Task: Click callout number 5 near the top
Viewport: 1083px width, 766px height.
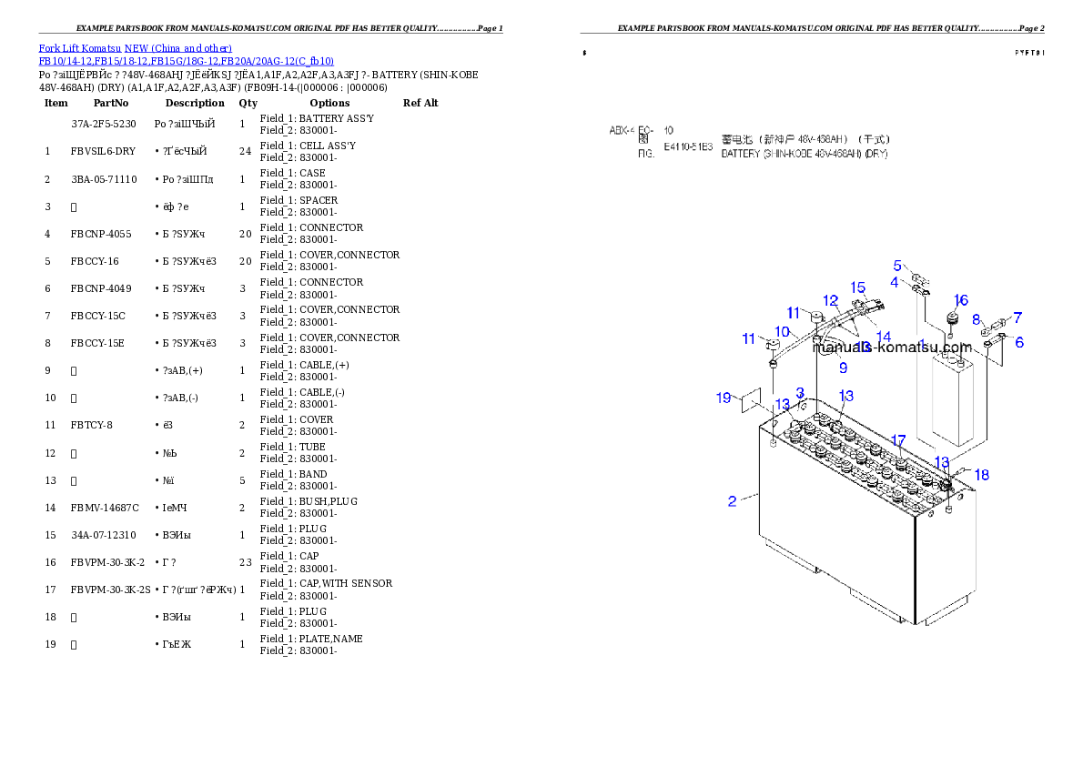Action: coord(897,266)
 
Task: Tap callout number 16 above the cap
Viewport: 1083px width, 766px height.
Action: coord(960,300)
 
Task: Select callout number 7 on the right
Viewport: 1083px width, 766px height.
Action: coord(1017,317)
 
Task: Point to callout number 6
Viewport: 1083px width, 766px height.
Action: coord(1019,342)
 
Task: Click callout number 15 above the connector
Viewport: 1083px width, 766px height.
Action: coord(857,287)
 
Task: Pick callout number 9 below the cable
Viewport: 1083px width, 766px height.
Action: coord(843,368)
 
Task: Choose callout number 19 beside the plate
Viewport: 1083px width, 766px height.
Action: coord(724,398)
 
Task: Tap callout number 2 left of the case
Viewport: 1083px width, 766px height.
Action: coord(732,500)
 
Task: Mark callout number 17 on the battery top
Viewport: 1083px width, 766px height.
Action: coord(898,440)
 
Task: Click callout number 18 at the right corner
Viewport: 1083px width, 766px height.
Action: coord(981,475)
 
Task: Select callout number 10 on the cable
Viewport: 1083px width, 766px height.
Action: coord(783,331)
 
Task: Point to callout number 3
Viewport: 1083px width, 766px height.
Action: coord(800,393)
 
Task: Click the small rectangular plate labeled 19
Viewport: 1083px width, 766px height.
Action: coord(751,401)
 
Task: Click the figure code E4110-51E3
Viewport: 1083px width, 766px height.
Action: coord(688,146)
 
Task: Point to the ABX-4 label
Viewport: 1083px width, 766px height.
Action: coord(621,130)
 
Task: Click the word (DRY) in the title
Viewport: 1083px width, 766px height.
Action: coord(876,155)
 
